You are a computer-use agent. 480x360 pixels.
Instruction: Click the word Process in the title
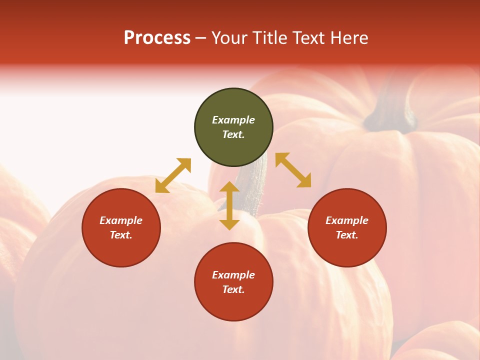point(157,38)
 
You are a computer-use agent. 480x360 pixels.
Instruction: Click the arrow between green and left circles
point(173,175)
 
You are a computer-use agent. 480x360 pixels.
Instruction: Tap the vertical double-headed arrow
point(229,205)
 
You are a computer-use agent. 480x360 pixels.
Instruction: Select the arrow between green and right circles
point(293,170)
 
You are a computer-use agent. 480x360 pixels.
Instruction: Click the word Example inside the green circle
point(233,120)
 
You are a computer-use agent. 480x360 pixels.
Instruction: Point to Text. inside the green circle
point(233,134)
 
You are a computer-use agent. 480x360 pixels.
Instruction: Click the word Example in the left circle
point(121,220)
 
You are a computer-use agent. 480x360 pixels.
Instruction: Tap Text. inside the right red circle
point(347,235)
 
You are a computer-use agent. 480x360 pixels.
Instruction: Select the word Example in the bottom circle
point(233,275)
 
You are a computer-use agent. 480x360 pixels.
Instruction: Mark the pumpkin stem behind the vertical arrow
point(252,190)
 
